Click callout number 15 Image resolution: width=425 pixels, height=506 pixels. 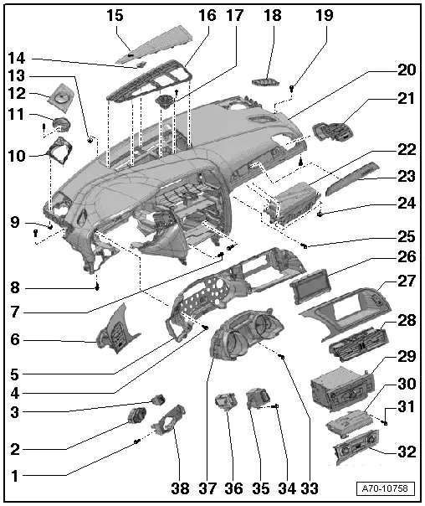pyautogui.click(x=113, y=15)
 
